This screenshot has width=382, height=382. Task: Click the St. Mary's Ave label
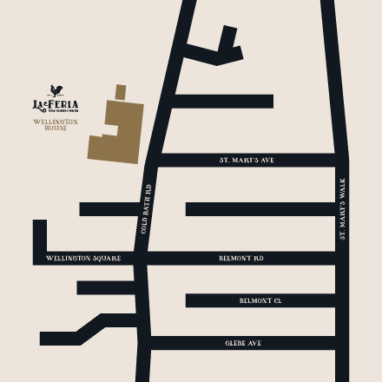pos(247,161)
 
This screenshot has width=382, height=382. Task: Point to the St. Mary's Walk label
pos(342,208)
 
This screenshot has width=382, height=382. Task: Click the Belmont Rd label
pos(241,259)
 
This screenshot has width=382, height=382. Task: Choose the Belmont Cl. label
pos(260,300)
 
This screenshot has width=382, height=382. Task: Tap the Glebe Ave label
pos(243,343)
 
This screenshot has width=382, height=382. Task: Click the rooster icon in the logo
pos(56,89)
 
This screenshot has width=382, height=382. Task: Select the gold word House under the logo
pos(56,128)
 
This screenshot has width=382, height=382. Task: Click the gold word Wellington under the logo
pos(56,122)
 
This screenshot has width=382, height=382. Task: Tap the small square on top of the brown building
pos(121,91)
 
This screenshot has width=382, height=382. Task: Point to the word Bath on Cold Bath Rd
pos(148,208)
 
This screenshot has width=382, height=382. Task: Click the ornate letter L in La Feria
pos(37,105)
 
